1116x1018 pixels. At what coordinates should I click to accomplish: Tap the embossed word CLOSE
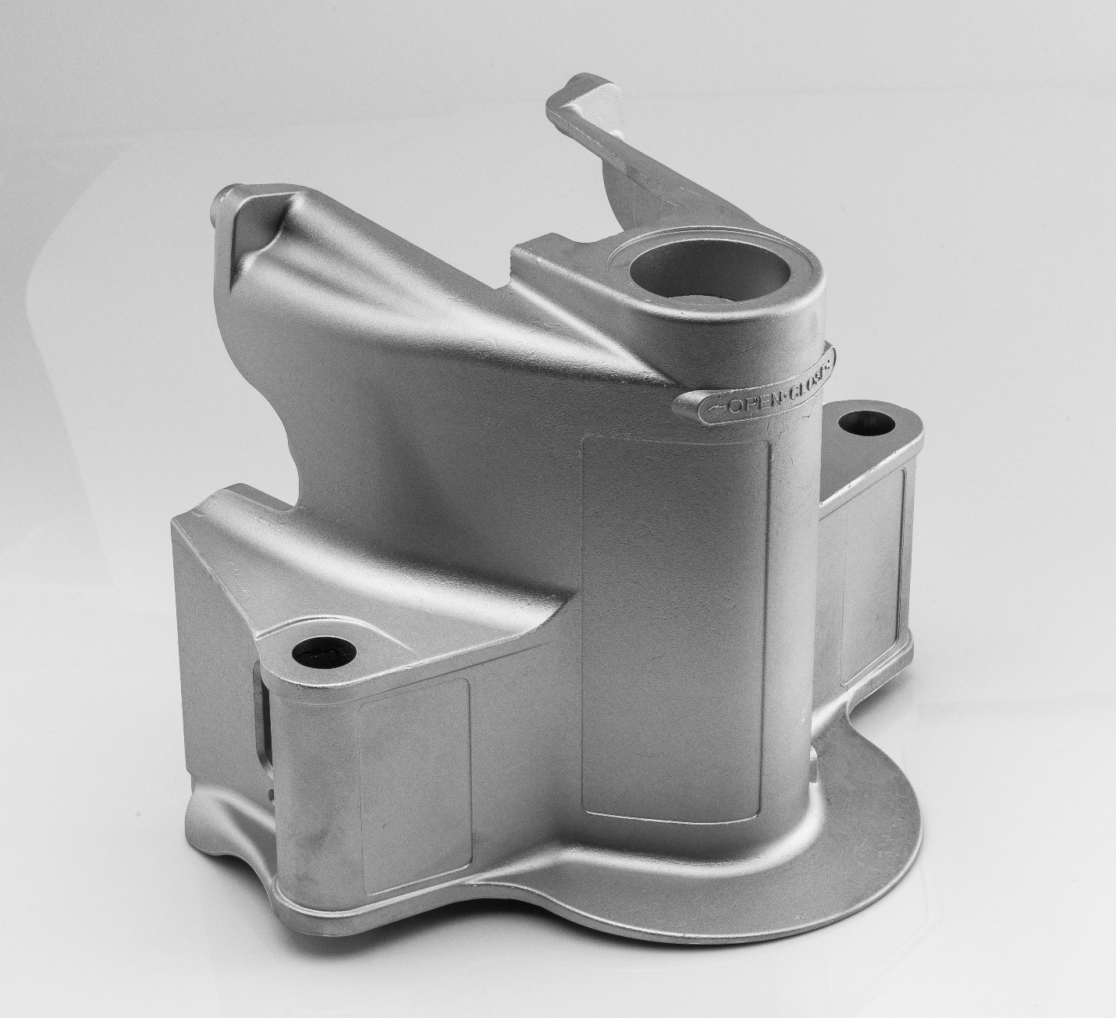804,376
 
